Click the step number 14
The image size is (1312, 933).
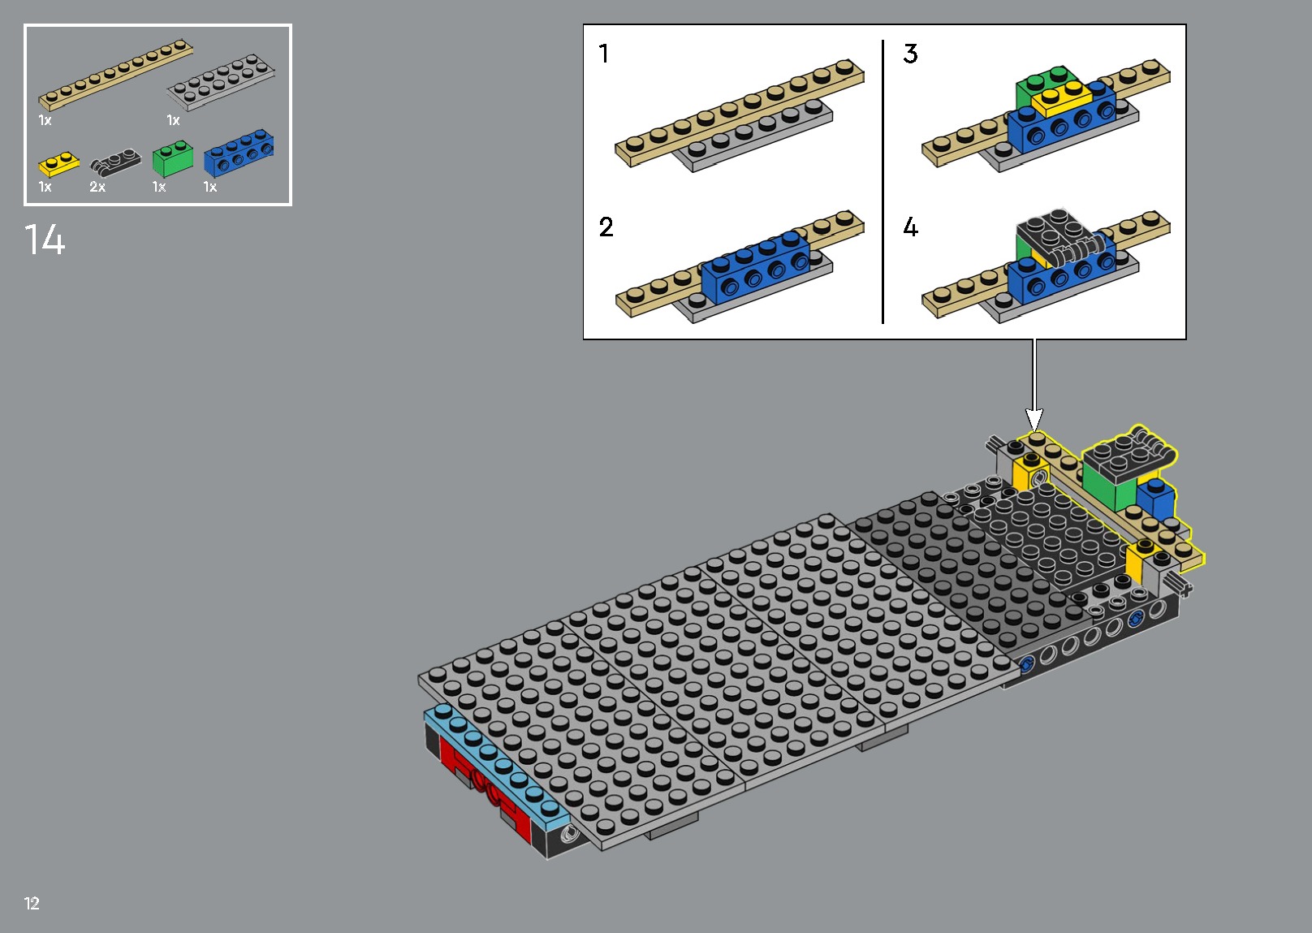(45, 240)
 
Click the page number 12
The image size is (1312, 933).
(32, 903)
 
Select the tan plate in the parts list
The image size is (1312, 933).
(115, 75)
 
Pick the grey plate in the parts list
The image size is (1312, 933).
(221, 82)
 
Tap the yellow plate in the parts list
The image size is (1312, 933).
(58, 165)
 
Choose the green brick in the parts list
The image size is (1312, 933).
(172, 159)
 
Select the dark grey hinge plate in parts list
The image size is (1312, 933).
(114, 162)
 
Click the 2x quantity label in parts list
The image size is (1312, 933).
(97, 188)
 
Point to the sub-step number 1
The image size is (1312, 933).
(604, 54)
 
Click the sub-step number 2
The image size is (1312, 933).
(606, 227)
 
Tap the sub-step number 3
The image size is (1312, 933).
(910, 54)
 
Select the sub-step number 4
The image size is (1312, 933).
(910, 227)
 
